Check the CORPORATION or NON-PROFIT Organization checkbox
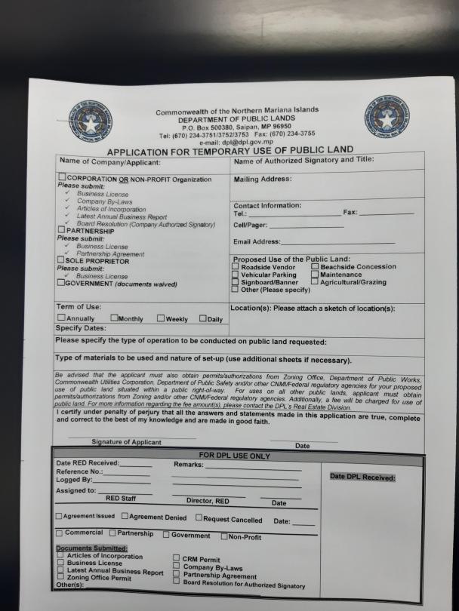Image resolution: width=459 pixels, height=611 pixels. (x=62, y=178)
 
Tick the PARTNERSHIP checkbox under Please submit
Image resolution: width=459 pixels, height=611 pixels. (x=61, y=231)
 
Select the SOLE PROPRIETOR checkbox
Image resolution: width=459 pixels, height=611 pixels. (x=61, y=260)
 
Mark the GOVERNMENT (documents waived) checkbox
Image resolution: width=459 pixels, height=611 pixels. (x=61, y=284)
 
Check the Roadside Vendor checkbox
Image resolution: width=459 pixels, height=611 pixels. (x=236, y=266)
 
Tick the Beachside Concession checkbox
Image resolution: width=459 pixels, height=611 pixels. (x=315, y=266)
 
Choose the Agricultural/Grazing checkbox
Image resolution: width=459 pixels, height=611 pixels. (x=315, y=282)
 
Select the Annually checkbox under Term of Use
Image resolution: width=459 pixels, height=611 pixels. (x=61, y=318)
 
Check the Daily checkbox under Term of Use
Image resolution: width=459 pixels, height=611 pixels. (x=203, y=318)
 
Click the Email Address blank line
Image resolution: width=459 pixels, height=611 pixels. (x=337, y=243)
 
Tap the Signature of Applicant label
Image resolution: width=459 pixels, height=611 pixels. (x=126, y=442)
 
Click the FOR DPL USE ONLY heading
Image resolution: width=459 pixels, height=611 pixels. (x=234, y=456)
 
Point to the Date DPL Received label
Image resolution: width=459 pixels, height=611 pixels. (x=362, y=477)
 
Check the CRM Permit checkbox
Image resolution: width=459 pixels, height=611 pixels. (x=177, y=559)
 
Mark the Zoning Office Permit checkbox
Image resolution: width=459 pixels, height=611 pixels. (x=60, y=577)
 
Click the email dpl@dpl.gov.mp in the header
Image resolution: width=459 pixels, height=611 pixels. (x=236, y=142)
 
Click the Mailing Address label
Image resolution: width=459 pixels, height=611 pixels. (x=262, y=180)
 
